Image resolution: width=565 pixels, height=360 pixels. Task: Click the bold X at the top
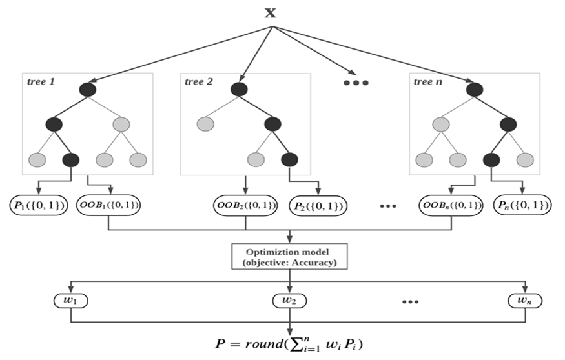pos(272,13)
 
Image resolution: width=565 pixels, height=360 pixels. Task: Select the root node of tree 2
pos(239,90)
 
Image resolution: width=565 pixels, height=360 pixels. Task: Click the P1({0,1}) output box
pos(39,205)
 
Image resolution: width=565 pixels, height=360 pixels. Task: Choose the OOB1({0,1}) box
pos(109,205)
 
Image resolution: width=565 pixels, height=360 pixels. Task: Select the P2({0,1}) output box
pos(318,206)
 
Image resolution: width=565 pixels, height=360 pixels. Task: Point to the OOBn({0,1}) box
pos(451,206)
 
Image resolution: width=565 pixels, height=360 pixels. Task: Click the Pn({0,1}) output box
pos(522,206)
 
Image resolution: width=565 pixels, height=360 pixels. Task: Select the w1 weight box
pos(71,301)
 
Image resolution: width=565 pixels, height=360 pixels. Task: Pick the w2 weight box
pos(289,301)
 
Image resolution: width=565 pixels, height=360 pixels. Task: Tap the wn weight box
pos(524,301)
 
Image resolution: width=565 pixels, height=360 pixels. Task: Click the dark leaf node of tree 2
pos(289,158)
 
